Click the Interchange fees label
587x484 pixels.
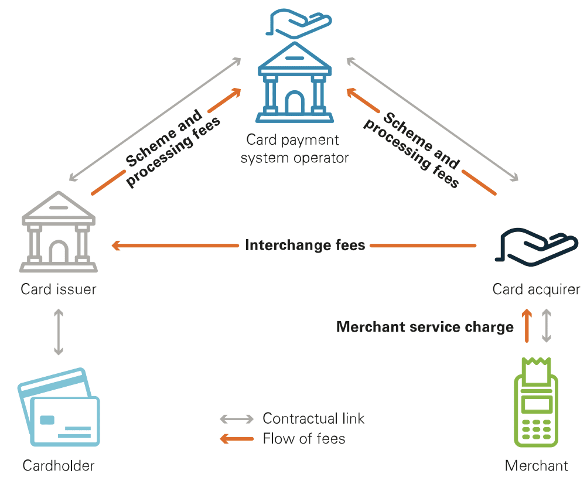click(x=305, y=245)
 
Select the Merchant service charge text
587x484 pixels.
click(x=425, y=327)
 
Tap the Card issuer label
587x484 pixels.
click(x=58, y=289)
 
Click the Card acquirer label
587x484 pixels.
click(x=536, y=289)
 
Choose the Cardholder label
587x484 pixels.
click(x=58, y=466)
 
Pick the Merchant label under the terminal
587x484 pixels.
click(x=536, y=466)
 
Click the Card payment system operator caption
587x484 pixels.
click(x=295, y=149)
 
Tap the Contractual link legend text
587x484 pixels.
click(x=313, y=418)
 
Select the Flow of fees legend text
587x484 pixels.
click(x=304, y=438)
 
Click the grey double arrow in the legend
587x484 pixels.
click(x=237, y=419)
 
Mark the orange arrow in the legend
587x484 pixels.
click(x=237, y=438)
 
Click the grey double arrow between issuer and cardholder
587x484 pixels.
click(x=58, y=332)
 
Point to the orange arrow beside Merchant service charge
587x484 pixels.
click(x=527, y=326)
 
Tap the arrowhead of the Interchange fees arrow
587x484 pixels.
click(x=115, y=246)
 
